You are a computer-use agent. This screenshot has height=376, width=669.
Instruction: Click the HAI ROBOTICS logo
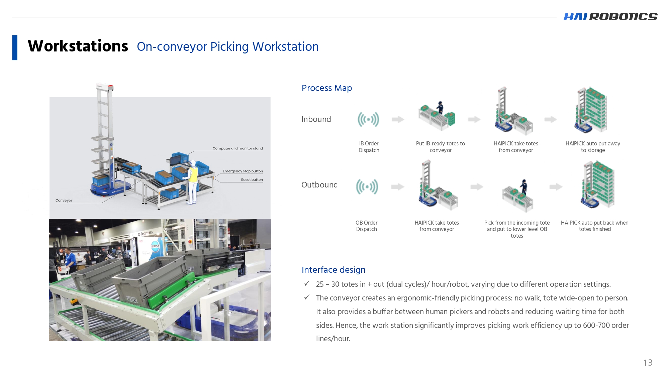(610, 16)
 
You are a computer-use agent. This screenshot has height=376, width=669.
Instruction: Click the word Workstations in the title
(78, 46)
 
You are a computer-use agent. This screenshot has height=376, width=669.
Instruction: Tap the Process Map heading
(326, 88)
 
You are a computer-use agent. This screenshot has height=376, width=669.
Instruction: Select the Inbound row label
(316, 119)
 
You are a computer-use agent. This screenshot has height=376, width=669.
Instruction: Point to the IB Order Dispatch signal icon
(368, 119)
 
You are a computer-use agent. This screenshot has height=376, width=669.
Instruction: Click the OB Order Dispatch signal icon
(367, 186)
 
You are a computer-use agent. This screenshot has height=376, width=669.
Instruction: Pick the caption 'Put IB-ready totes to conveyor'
(440, 147)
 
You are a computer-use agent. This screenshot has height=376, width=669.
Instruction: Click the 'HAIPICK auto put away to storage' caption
(592, 147)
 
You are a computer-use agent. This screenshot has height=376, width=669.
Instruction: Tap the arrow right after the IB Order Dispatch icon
(398, 119)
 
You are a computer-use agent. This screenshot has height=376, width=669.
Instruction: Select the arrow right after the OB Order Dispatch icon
(398, 186)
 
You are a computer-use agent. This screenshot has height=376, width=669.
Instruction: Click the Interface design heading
(333, 270)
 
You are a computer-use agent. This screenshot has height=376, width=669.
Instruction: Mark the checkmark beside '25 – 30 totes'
(307, 284)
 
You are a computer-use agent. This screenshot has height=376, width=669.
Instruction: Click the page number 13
(648, 363)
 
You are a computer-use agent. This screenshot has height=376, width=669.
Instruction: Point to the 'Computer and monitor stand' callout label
(237, 148)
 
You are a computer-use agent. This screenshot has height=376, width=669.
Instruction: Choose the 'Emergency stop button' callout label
(243, 171)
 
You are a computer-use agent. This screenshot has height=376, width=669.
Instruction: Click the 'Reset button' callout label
(252, 180)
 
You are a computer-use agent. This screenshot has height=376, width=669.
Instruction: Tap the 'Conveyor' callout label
(64, 201)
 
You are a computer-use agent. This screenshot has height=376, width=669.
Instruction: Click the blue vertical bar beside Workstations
(15, 47)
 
